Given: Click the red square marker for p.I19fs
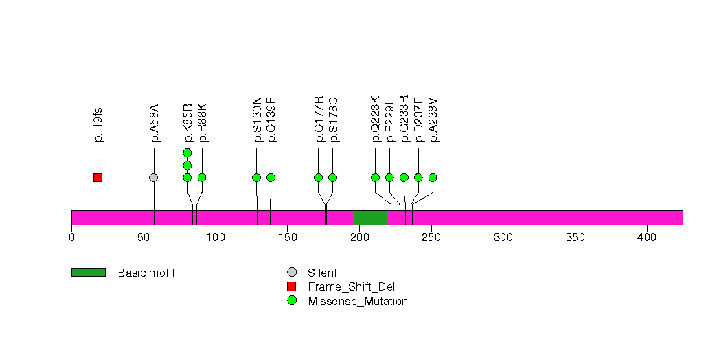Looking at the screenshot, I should coord(98,177).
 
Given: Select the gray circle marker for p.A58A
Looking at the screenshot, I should coord(154,177).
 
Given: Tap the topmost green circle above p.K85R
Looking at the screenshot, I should coord(187,153).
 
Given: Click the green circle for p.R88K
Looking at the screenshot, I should coord(202,177).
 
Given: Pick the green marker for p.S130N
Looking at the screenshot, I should coord(257,177).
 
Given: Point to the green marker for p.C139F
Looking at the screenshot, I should coord(271,177).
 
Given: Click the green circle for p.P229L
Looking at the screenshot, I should coord(389,177).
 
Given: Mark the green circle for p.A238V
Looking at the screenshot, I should coord(433,177).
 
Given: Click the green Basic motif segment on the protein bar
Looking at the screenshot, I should coord(370,218).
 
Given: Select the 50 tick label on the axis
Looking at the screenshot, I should coord(144,237).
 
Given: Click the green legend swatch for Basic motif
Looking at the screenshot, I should coord(89,273).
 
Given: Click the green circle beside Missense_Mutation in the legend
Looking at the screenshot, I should coord(292,301).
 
